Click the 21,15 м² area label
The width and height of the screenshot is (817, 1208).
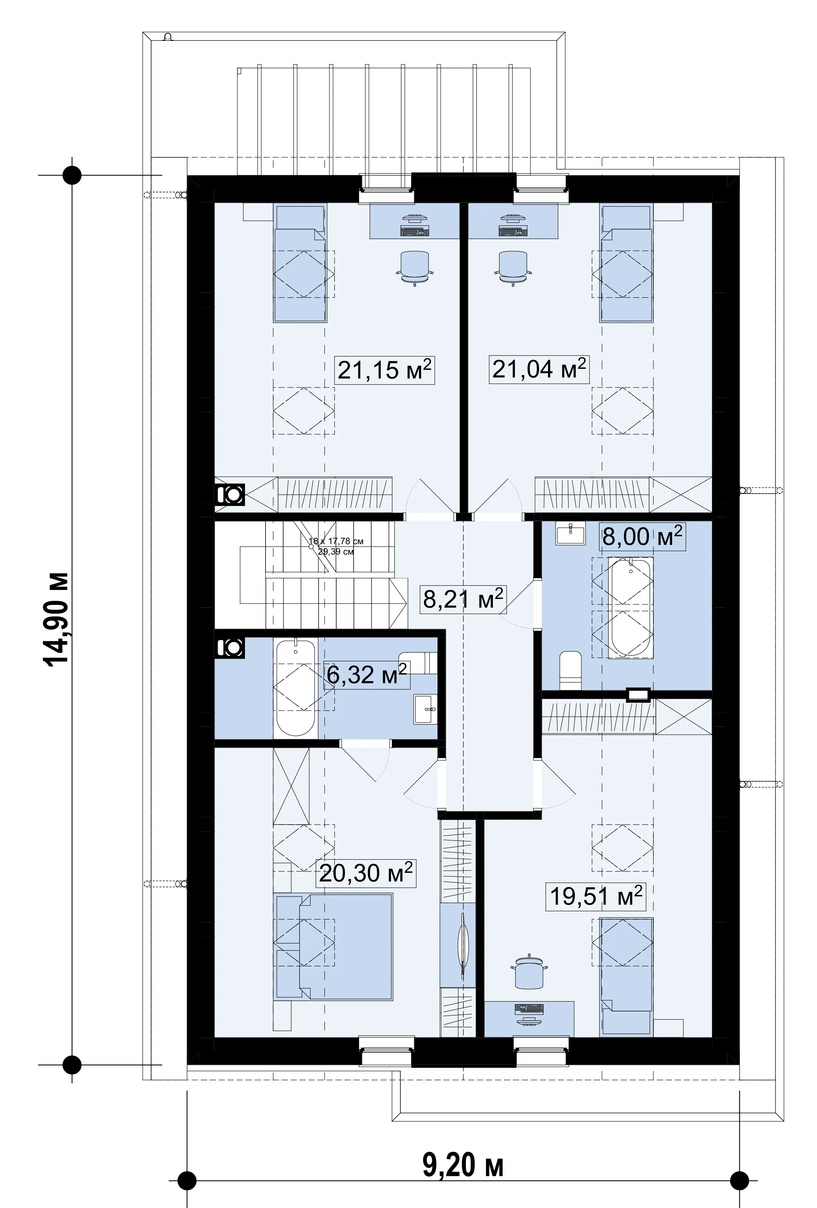385,370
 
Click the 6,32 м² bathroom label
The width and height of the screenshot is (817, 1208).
366,675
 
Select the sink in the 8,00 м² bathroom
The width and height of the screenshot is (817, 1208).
570,535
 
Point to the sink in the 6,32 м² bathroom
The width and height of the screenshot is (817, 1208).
426,709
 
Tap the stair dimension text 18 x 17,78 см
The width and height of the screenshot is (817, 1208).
336,541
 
